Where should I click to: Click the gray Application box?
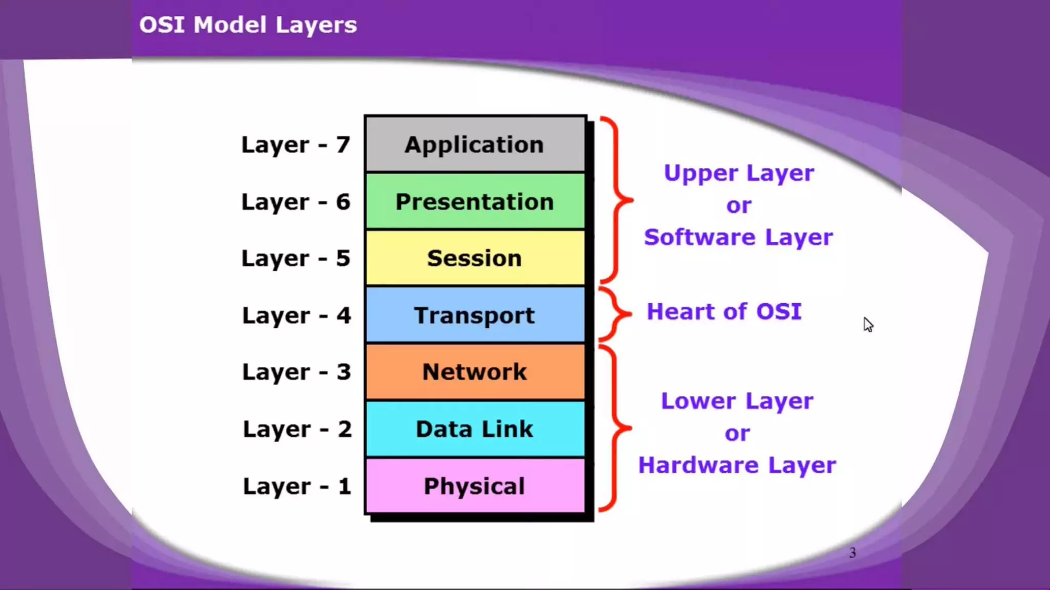pyautogui.click(x=475, y=144)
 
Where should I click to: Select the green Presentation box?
pyautogui.click(x=475, y=201)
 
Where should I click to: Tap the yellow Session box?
pyautogui.click(x=475, y=258)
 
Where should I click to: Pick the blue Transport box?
pyautogui.click(x=475, y=315)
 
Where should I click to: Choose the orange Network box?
pyautogui.click(x=475, y=372)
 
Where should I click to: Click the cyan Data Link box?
pyautogui.click(x=475, y=429)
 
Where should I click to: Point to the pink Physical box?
pyautogui.click(x=475, y=486)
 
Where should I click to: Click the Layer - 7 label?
pyautogui.click(x=296, y=145)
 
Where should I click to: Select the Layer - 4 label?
pyautogui.click(x=296, y=315)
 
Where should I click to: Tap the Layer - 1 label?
pyautogui.click(x=297, y=486)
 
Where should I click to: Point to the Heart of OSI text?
pyautogui.click(x=724, y=311)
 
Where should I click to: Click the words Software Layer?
pyautogui.click(x=738, y=237)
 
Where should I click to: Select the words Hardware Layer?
pyautogui.click(x=737, y=465)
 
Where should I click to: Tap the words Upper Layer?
pyautogui.click(x=738, y=173)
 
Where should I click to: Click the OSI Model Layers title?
pyautogui.click(x=248, y=25)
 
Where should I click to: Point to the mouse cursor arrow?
pyautogui.click(x=867, y=324)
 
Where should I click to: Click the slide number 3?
pyautogui.click(x=852, y=553)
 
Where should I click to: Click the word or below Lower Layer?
pyautogui.click(x=737, y=433)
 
